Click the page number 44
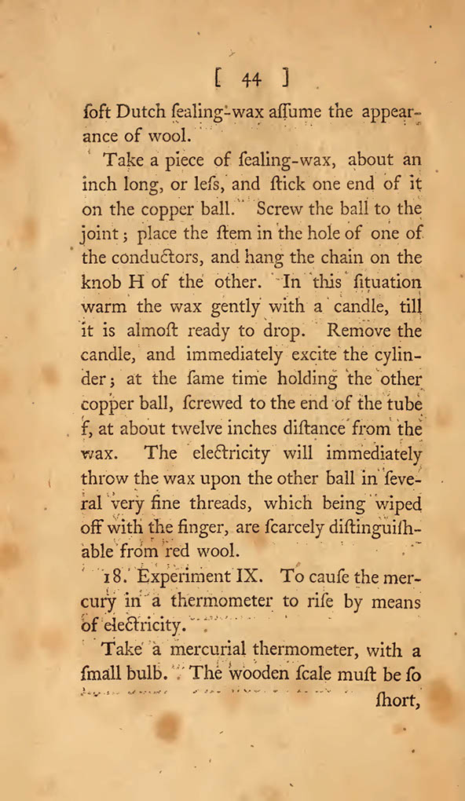click(251, 79)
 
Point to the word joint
click(97, 235)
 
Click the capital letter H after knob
click(138, 283)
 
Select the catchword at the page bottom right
click(396, 699)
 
